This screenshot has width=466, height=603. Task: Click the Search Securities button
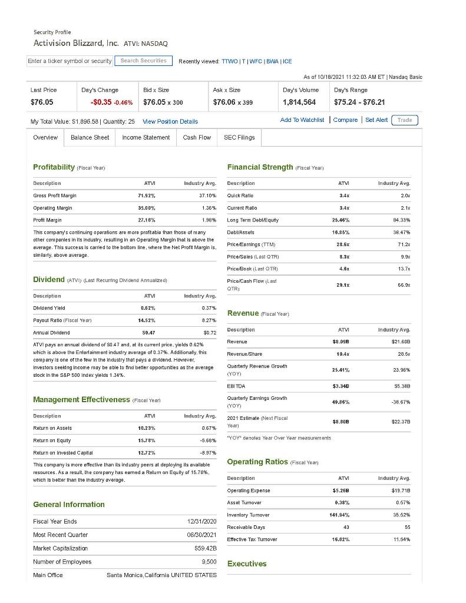pyautogui.click(x=143, y=61)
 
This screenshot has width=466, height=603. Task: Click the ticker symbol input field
pyautogui.click(x=70, y=61)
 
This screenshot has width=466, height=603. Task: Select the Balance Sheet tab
pyautogui.click(x=90, y=137)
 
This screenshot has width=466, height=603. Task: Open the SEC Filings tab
pyautogui.click(x=239, y=137)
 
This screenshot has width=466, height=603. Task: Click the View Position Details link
pyautogui.click(x=170, y=121)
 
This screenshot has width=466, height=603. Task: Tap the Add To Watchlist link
pyautogui.click(x=302, y=120)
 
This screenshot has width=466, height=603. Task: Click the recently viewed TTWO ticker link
pyautogui.click(x=229, y=61)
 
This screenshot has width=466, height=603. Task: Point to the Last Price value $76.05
pyautogui.click(x=42, y=102)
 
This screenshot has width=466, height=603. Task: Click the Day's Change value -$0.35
pyautogui.click(x=101, y=102)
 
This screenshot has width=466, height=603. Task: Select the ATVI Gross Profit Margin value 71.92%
pyautogui.click(x=146, y=196)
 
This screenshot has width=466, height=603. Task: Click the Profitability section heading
pyautogui.click(x=54, y=167)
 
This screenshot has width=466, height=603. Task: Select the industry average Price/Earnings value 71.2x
pyautogui.click(x=404, y=244)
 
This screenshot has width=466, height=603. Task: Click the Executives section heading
pyautogui.click(x=247, y=564)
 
